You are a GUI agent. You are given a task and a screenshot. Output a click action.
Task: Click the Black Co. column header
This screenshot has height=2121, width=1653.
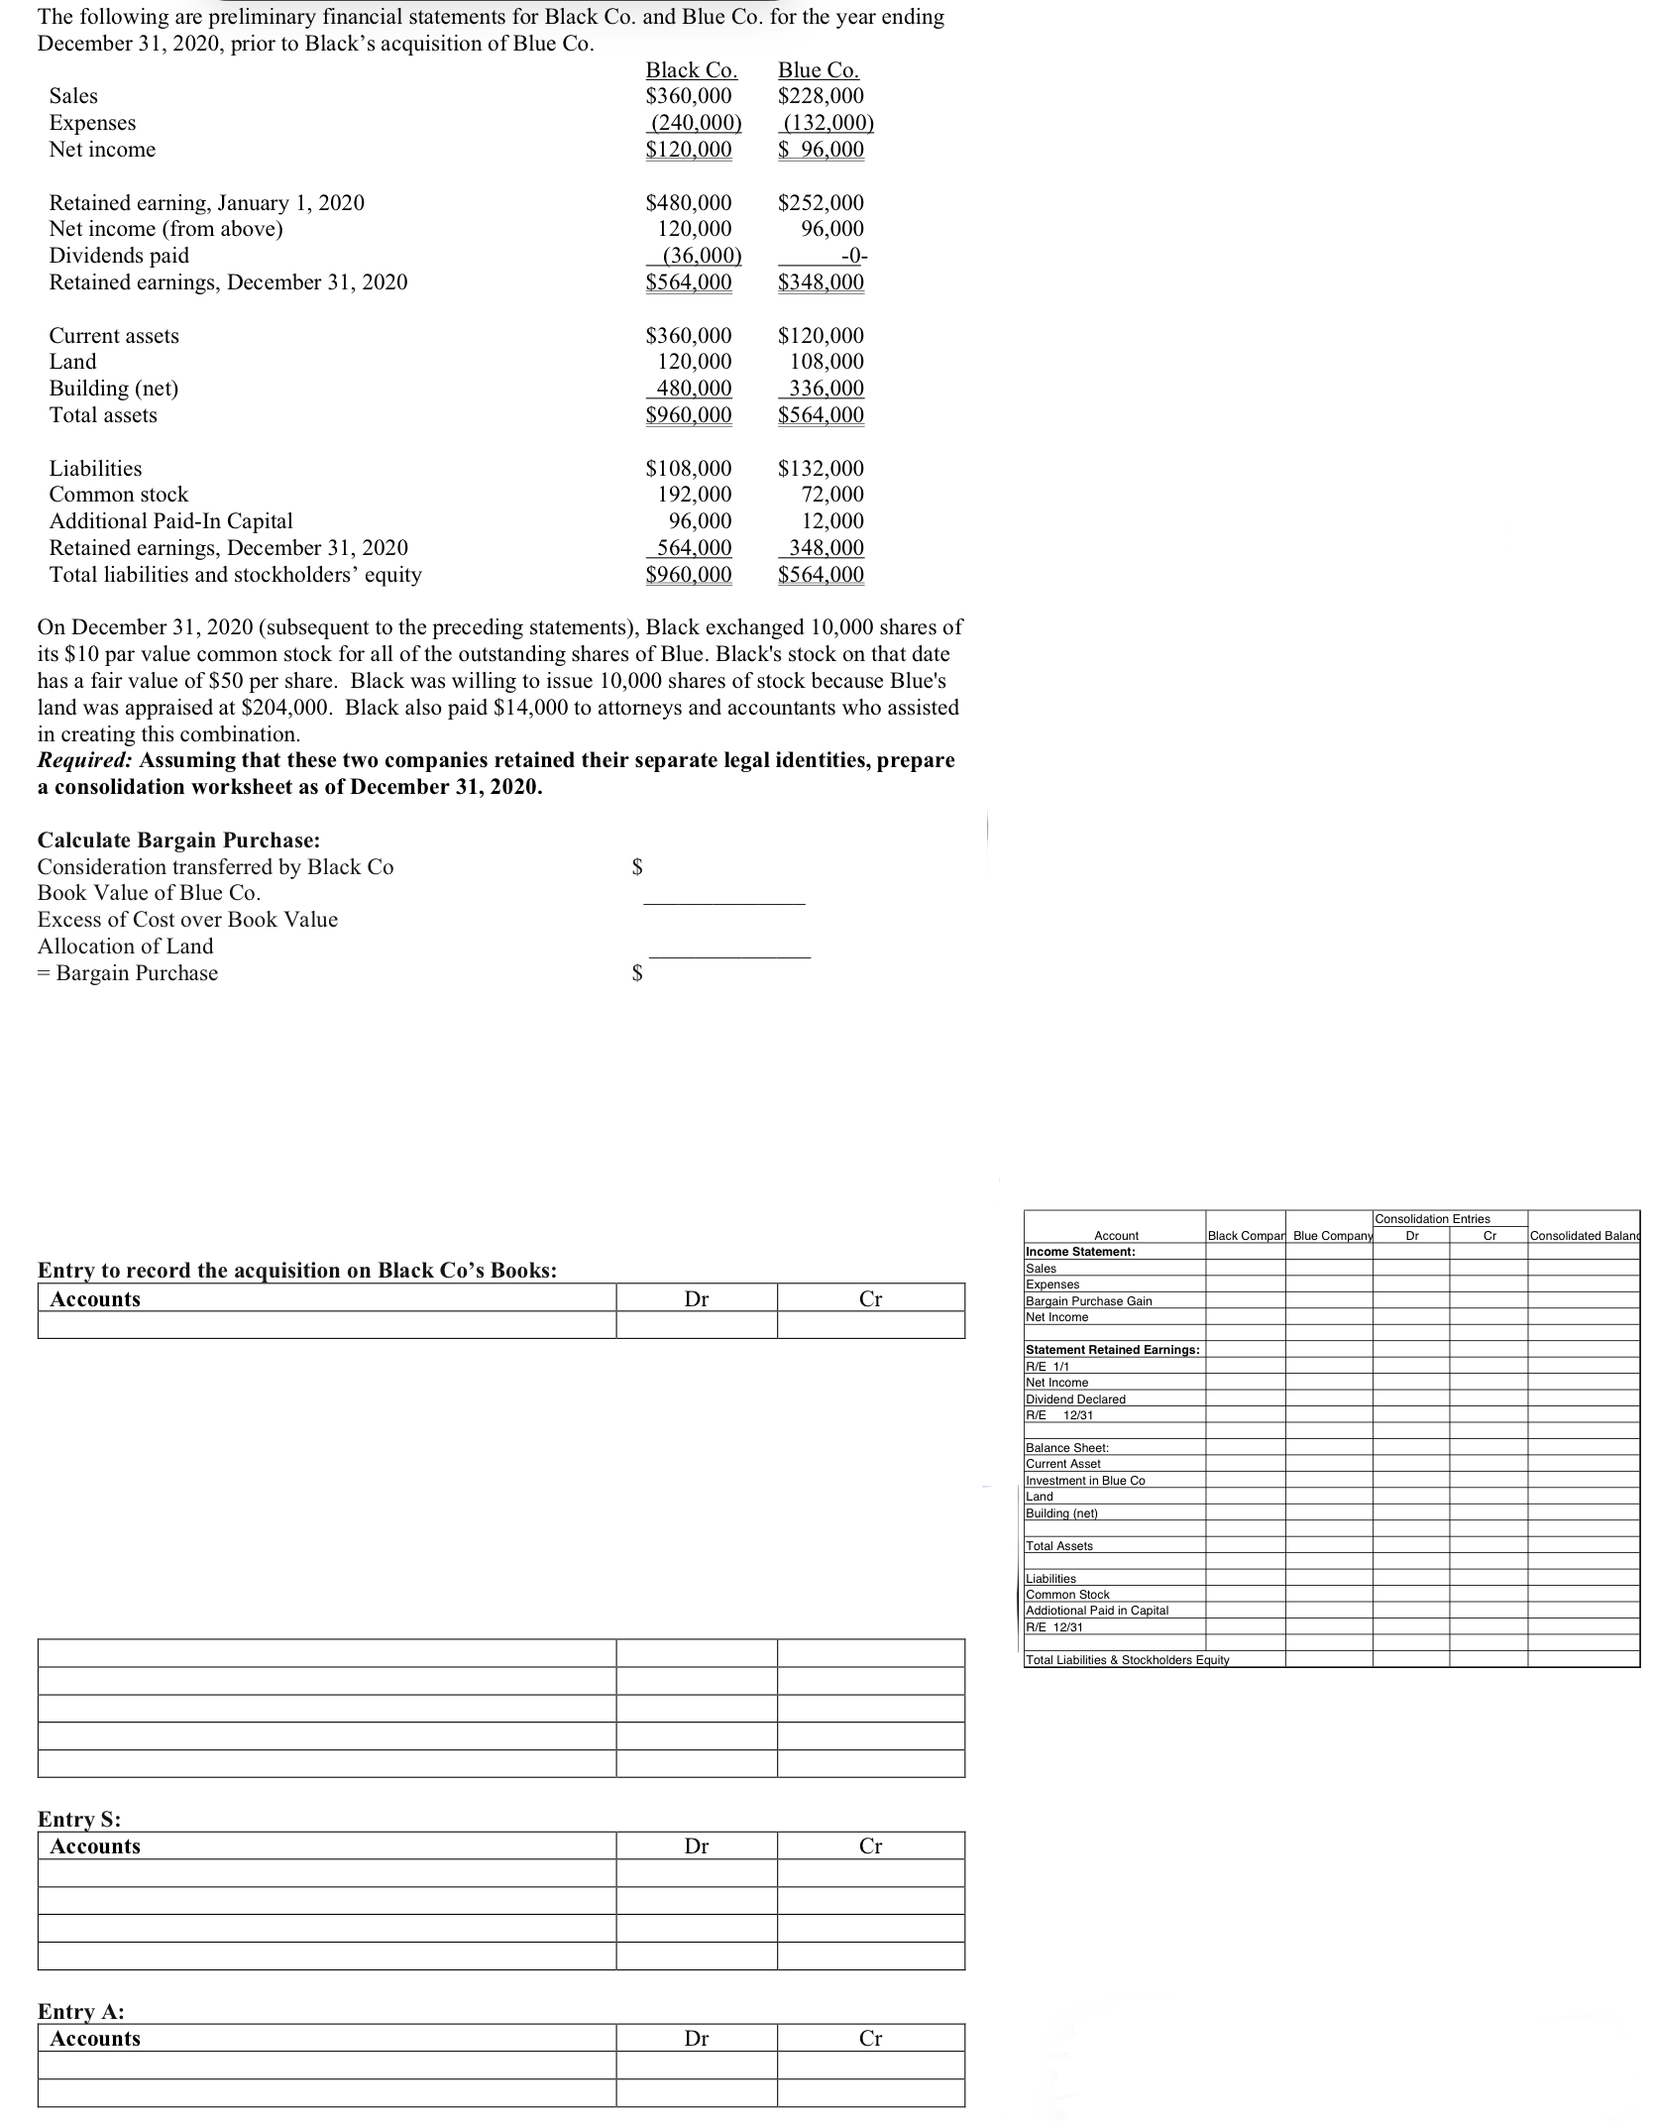click(x=691, y=70)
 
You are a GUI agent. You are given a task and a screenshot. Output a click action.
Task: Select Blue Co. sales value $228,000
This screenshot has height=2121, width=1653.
click(x=821, y=96)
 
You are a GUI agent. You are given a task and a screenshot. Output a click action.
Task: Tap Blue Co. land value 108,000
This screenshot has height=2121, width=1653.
click(x=826, y=362)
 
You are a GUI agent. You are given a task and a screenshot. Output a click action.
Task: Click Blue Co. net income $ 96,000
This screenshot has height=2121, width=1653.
click(x=821, y=150)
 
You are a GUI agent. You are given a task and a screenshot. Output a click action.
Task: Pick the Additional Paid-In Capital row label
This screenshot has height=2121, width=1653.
click(x=170, y=521)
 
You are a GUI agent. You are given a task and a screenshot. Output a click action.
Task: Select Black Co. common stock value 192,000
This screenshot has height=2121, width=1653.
click(x=695, y=495)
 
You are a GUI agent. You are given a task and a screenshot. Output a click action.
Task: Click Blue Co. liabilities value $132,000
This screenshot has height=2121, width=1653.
click(x=821, y=468)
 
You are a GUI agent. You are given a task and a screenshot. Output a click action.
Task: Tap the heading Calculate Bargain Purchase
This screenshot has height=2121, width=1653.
click(x=178, y=840)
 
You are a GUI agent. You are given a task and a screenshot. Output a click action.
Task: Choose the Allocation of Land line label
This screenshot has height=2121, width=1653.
click(x=125, y=947)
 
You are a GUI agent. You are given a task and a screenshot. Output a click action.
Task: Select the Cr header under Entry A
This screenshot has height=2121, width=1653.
click(x=870, y=2039)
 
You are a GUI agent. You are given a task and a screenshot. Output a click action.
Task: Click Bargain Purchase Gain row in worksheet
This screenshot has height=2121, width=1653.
click(x=1088, y=1300)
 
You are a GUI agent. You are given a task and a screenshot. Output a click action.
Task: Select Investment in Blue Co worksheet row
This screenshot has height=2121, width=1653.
click(x=1085, y=1480)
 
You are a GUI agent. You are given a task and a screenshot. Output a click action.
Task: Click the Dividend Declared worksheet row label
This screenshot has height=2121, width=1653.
click(x=1075, y=1398)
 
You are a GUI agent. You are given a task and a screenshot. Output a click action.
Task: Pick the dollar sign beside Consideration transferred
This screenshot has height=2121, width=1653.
click(x=638, y=867)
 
